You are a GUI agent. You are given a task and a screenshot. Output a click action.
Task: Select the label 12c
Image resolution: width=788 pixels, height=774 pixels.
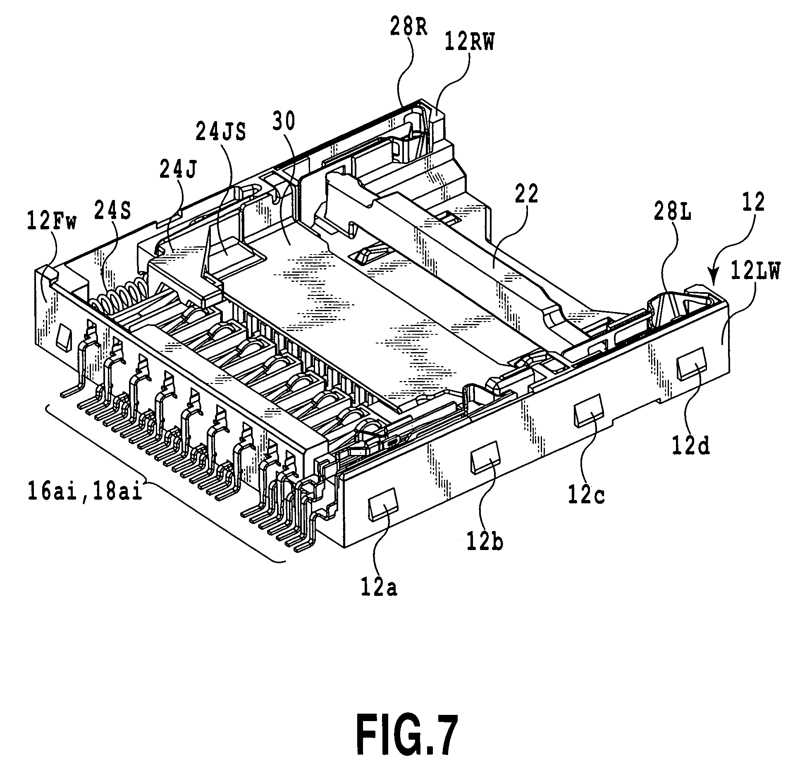click(x=586, y=496)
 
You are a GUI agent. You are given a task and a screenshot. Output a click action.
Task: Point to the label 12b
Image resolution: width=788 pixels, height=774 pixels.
click(x=485, y=543)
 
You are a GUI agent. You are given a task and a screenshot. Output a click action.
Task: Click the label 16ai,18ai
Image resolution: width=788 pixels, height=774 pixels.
click(x=85, y=493)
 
